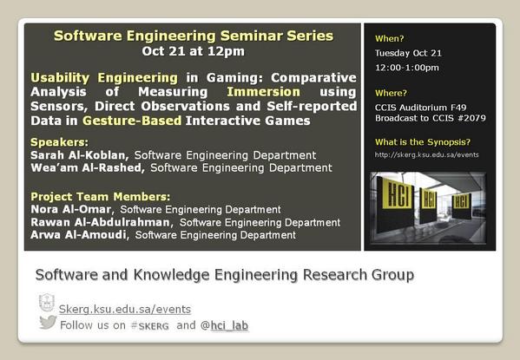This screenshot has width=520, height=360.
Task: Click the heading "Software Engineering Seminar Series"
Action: point(193,36)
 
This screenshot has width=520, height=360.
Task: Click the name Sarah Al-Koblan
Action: point(80,155)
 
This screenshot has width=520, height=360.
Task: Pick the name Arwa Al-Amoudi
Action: point(80,234)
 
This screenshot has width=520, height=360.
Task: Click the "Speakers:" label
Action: point(59,141)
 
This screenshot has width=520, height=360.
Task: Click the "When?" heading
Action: point(390,38)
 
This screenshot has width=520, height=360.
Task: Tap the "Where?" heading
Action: point(392,93)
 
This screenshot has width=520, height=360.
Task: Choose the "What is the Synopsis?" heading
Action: point(423,141)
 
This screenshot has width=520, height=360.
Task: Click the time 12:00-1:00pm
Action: point(406,68)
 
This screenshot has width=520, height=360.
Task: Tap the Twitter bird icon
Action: point(48,323)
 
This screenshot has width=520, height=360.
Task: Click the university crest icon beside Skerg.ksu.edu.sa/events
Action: point(47,304)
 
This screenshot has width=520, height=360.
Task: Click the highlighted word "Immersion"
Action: point(264,91)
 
